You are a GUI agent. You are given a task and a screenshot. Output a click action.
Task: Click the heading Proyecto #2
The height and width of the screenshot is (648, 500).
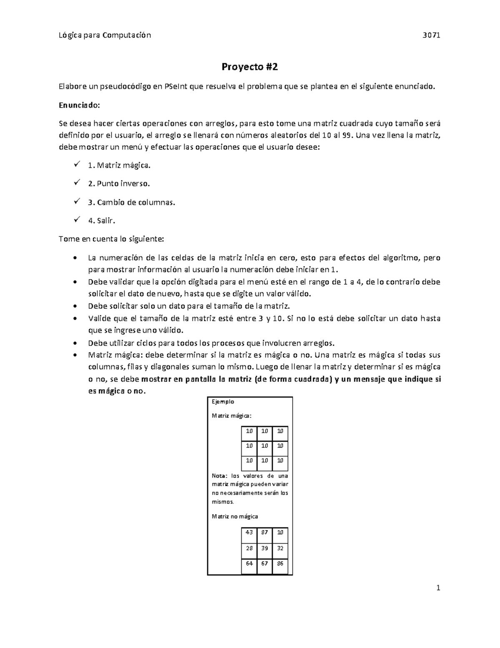[249, 67]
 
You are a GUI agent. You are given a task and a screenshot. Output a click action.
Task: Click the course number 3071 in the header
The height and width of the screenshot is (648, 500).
[432, 35]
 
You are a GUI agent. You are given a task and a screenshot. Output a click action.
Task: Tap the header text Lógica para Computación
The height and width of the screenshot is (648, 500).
[105, 35]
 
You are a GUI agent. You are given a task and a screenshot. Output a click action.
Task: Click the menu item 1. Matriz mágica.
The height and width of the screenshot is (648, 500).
[119, 165]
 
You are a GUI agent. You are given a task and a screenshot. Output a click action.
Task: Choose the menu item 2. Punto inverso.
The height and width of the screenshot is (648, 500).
[118, 184]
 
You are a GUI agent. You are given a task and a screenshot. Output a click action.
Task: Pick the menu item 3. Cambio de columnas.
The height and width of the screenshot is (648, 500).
[132, 202]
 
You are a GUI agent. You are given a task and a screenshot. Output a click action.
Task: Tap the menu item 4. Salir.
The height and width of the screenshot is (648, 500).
[101, 221]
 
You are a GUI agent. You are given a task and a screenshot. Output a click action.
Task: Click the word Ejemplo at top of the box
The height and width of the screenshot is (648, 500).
[223, 402]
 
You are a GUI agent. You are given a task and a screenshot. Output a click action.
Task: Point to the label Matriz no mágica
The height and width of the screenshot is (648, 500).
[235, 516]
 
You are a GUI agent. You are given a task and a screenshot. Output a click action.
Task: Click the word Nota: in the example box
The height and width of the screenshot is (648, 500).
[220, 476]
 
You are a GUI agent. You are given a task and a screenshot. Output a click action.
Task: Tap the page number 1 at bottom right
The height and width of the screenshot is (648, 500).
[438, 588]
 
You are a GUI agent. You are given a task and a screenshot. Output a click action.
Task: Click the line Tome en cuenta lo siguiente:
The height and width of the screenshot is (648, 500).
[112, 239]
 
